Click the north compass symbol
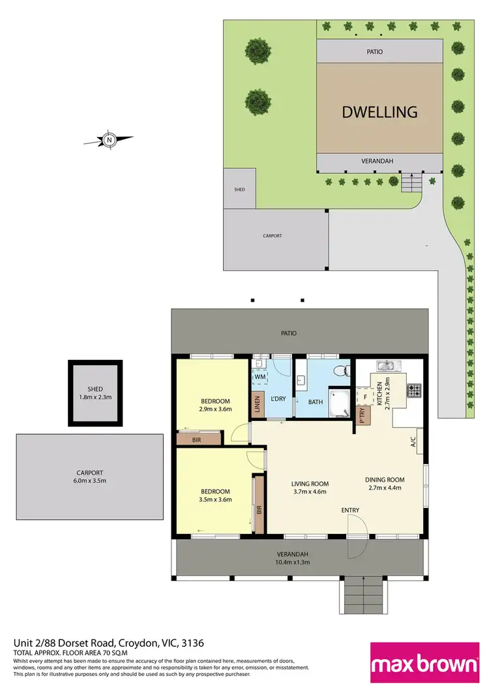[x=110, y=139]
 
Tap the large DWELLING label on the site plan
[x=379, y=111]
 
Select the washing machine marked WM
[x=260, y=377]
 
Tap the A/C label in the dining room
[x=413, y=443]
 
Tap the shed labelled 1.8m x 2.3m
[x=96, y=393]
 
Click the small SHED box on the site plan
[x=239, y=189]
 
